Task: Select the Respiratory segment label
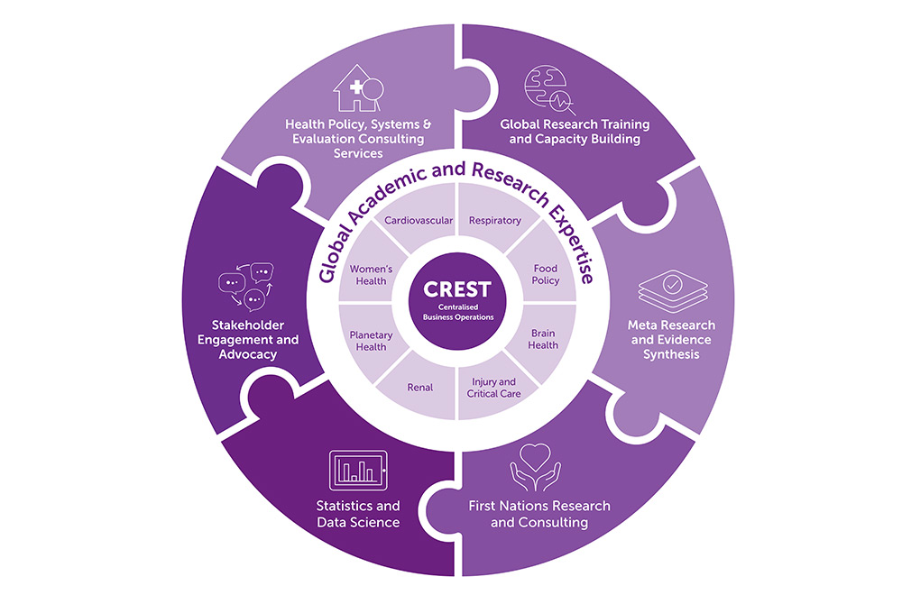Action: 495,220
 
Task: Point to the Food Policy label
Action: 546,274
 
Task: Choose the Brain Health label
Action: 545,339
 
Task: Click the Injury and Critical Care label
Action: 494,388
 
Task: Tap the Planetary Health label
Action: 370,341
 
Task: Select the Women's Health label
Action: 369,274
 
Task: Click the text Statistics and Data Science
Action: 358,514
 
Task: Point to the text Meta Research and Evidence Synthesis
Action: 669,339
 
